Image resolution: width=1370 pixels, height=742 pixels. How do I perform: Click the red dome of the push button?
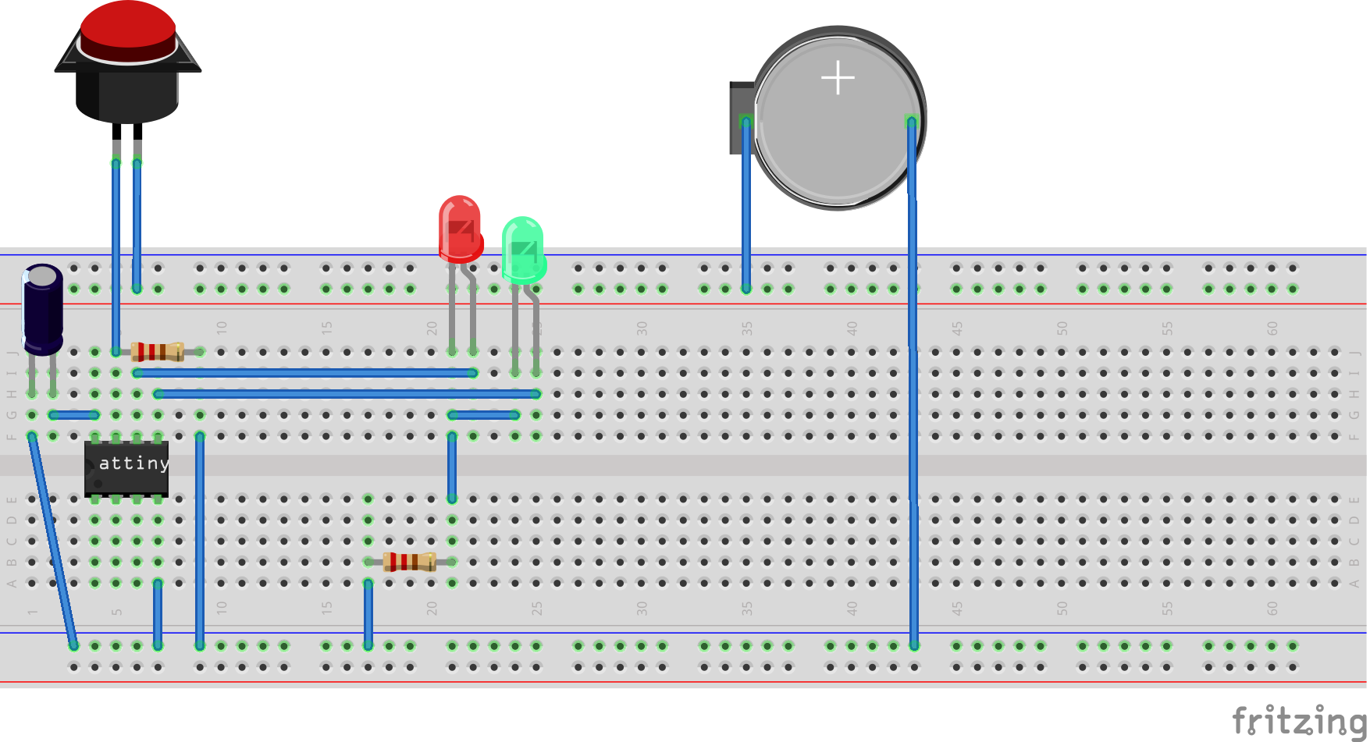[127, 27]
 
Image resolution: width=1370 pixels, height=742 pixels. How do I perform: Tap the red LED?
[460, 228]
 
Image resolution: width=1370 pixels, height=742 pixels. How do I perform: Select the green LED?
[523, 250]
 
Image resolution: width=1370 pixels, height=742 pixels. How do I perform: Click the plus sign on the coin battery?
[838, 78]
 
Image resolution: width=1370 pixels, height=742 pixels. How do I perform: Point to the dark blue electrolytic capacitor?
[42, 308]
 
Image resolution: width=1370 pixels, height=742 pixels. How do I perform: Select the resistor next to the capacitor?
[158, 352]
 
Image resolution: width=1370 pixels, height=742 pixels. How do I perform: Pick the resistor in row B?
[410, 562]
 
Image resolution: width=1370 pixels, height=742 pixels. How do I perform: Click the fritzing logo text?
[1298, 719]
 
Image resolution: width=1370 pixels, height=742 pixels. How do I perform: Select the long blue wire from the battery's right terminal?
[913, 390]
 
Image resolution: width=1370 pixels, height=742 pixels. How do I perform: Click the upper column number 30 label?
[642, 328]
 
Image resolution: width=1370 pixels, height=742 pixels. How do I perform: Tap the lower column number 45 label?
[957, 608]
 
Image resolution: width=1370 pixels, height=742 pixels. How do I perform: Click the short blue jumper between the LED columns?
[484, 415]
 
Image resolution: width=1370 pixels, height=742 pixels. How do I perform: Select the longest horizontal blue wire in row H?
[347, 394]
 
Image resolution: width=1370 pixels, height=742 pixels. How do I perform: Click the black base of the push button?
[127, 94]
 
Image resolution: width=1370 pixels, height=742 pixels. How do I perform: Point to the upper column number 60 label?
[1272, 328]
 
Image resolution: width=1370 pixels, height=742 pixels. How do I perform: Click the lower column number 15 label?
[326, 608]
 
